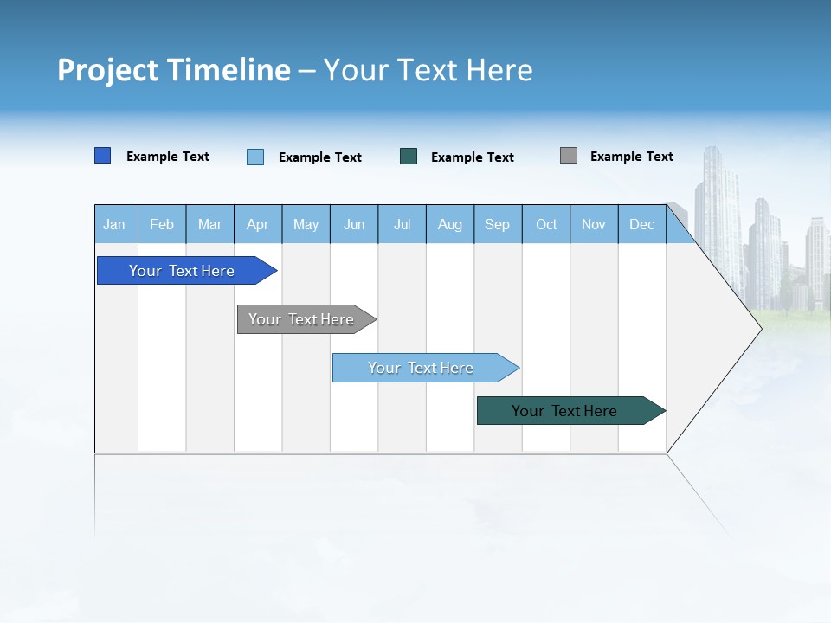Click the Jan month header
point(115,224)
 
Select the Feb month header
point(162,224)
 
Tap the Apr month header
point(258,224)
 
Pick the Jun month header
point(354,224)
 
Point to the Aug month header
point(450,224)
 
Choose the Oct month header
point(546,224)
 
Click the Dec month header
point(642,224)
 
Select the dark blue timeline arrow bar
point(182,271)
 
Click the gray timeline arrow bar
point(301,319)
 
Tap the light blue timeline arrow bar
point(421,368)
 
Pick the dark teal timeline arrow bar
point(564,411)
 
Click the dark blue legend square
point(103,156)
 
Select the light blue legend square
point(255,157)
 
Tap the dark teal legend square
point(409,156)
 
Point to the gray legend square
point(569,155)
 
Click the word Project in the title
point(108,70)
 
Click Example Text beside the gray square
point(631,157)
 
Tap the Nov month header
point(594,224)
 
